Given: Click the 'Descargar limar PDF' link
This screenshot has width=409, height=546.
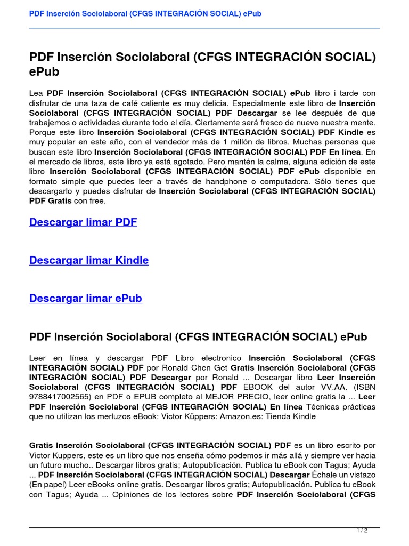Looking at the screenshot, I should (83, 222).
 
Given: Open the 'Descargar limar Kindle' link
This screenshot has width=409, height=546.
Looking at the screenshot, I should (89, 260).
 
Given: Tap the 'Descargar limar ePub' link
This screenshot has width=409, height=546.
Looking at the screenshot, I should (86, 298).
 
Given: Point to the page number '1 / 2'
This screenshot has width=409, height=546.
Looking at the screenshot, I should (362, 530).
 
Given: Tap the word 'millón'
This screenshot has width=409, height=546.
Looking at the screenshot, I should (247, 142).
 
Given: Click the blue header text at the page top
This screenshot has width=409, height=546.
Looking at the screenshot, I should (145, 13).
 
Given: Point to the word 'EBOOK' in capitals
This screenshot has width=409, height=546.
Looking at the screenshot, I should (258, 387).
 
